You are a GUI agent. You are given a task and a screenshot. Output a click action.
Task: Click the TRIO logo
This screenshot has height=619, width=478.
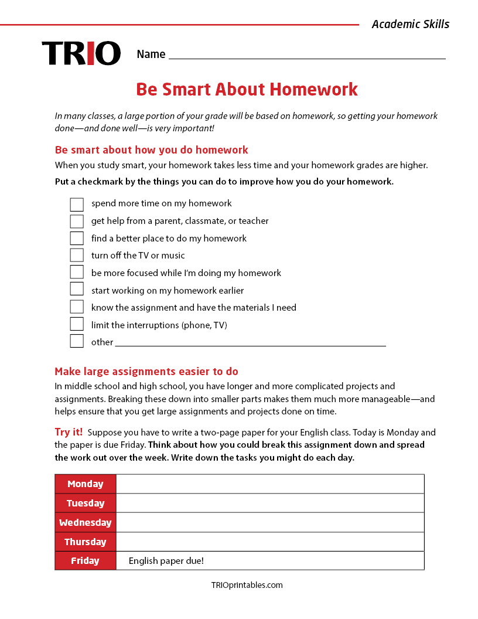click(81, 53)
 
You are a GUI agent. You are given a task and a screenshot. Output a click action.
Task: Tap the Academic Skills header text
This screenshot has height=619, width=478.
click(410, 24)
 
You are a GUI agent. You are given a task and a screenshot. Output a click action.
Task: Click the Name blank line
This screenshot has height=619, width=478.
click(306, 55)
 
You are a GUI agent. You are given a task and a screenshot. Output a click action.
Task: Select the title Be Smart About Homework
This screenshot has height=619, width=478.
click(247, 90)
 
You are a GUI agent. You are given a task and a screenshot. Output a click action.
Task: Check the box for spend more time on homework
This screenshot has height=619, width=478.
click(77, 204)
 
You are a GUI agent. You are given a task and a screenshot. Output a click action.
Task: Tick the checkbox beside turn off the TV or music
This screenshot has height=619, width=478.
click(77, 256)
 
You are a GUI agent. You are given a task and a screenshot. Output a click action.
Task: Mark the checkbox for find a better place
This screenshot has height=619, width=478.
click(77, 239)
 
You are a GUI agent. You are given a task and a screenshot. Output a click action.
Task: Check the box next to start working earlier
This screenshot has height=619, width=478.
click(77, 290)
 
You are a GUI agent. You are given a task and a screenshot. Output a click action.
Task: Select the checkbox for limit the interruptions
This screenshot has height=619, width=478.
click(77, 325)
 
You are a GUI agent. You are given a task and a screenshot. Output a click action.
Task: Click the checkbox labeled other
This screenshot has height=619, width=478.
click(77, 342)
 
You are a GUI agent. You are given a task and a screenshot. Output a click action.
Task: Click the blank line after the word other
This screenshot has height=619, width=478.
click(250, 343)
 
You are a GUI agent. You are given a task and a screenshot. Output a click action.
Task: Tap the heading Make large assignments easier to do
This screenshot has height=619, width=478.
click(146, 372)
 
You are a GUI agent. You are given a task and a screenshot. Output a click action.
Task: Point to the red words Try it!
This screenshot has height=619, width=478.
click(69, 433)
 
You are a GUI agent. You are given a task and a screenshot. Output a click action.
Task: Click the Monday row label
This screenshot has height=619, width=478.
click(86, 484)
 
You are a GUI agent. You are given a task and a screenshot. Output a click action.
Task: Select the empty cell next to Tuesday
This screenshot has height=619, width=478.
click(269, 503)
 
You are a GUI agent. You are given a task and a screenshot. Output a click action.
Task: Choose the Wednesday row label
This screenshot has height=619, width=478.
click(86, 522)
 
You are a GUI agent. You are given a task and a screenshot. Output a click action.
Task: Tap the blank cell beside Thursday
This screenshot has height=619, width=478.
click(269, 542)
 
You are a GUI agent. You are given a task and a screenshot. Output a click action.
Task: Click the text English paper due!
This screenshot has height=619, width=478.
click(166, 561)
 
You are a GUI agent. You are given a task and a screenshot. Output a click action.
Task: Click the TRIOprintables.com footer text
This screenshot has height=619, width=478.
click(247, 585)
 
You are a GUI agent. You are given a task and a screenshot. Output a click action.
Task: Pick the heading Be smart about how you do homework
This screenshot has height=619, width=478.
click(151, 150)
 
